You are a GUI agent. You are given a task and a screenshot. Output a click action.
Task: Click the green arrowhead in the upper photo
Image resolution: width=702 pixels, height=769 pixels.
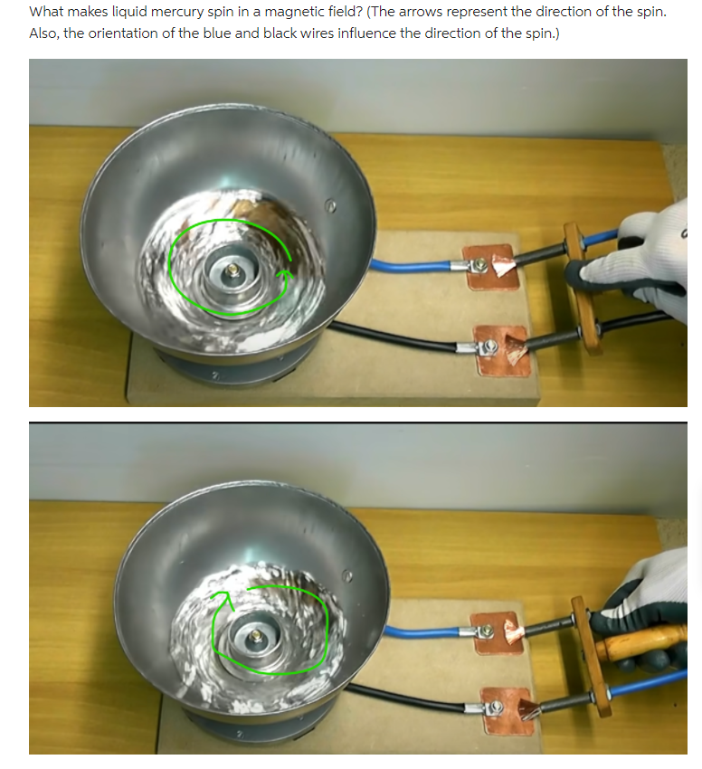(x=285, y=272)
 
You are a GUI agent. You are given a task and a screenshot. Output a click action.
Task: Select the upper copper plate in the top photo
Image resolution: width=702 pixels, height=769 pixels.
(x=489, y=266)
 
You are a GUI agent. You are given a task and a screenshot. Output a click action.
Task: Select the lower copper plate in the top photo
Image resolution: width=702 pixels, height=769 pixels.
(x=503, y=347)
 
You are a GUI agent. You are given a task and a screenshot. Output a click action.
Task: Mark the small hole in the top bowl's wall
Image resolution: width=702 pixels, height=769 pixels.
(x=331, y=207)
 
